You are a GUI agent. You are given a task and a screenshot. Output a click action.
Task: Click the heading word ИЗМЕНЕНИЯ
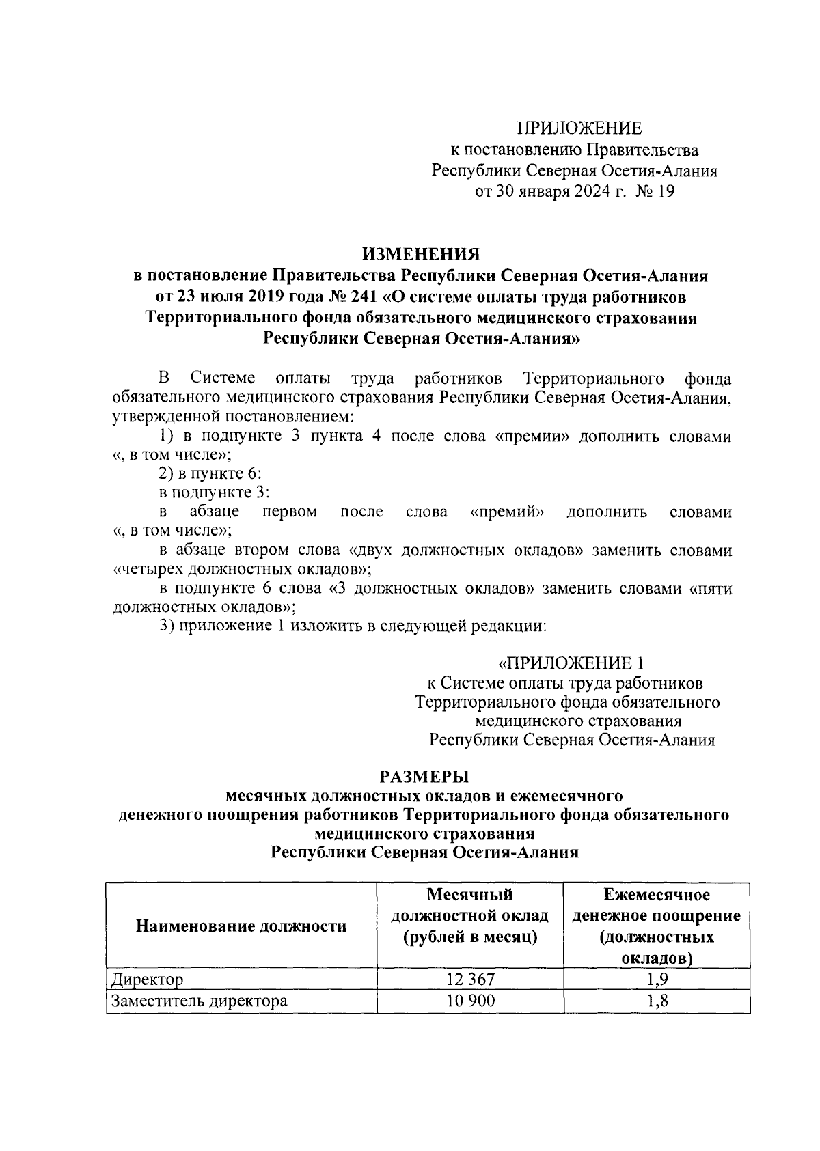click(421, 254)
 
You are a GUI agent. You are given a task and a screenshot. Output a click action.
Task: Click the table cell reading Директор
click(148, 980)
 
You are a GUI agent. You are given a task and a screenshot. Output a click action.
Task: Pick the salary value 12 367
click(470, 980)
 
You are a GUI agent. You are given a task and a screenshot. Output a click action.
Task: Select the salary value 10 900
click(470, 1001)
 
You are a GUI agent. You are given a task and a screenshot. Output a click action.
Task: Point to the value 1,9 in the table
click(657, 980)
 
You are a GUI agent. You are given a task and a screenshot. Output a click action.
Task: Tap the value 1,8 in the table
click(657, 1001)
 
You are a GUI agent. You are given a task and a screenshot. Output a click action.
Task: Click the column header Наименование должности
click(241, 926)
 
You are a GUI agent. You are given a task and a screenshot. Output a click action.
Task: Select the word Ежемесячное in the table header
click(657, 894)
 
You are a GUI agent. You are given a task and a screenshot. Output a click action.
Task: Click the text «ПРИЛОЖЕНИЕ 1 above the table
click(571, 663)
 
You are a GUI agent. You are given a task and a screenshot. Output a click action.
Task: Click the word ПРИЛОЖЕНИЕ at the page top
click(579, 128)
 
